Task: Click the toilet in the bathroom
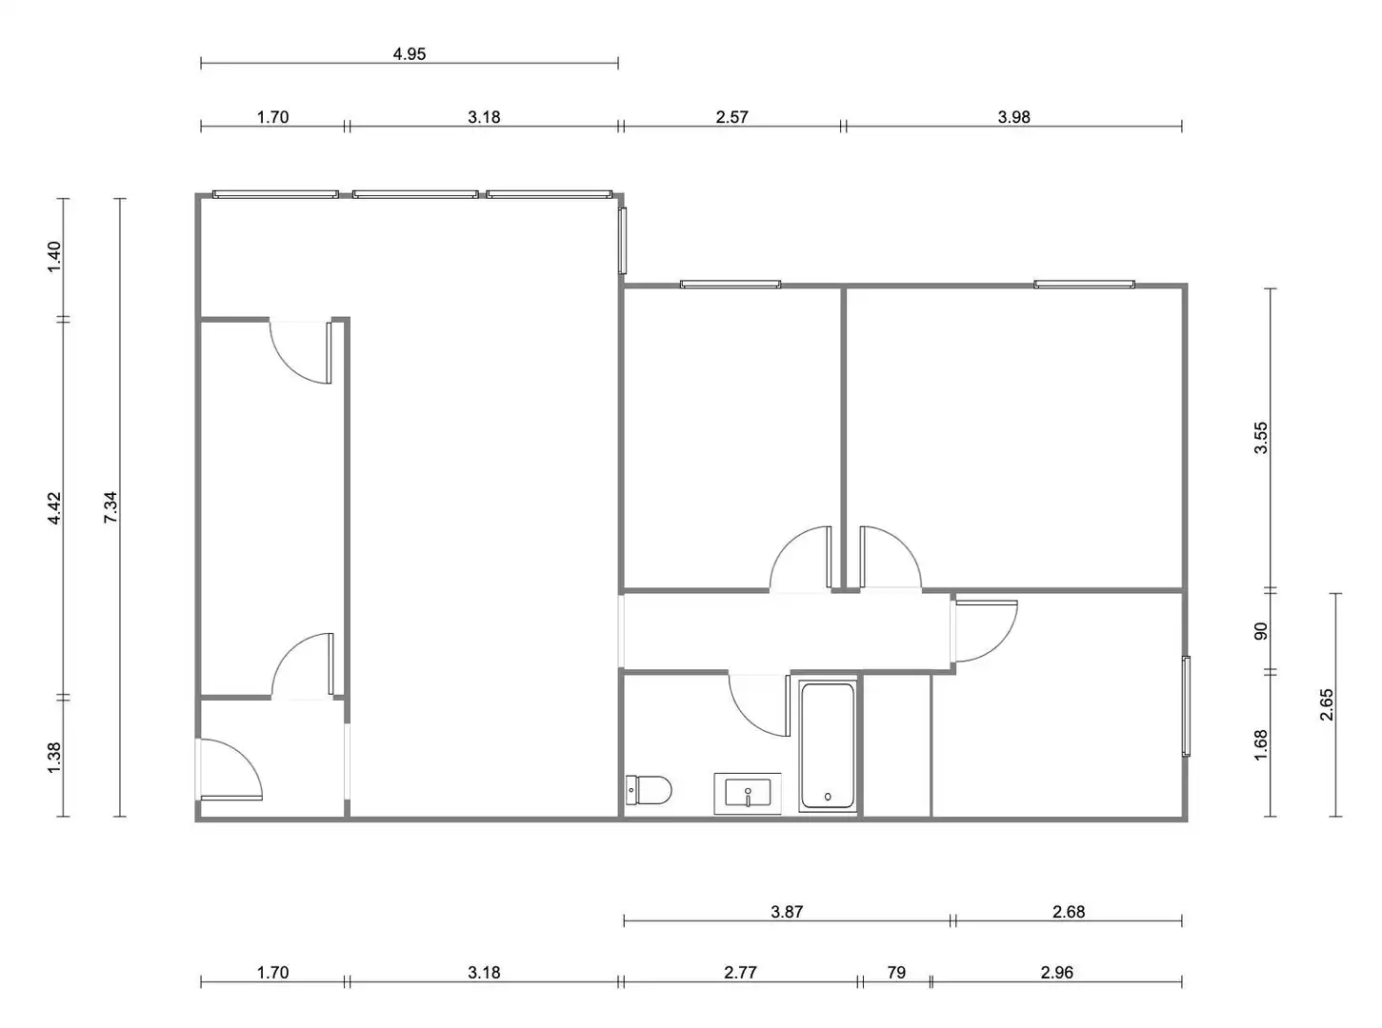tap(649, 790)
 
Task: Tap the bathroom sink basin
tap(748, 793)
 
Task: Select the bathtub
tap(828, 746)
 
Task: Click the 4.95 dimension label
tap(410, 54)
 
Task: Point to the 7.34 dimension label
tap(110, 507)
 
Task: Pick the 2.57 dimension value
tap(731, 117)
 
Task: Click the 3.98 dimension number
tap(1013, 117)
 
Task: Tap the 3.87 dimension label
tap(787, 912)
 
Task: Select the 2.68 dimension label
tap(1069, 912)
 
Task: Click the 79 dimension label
tap(896, 973)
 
